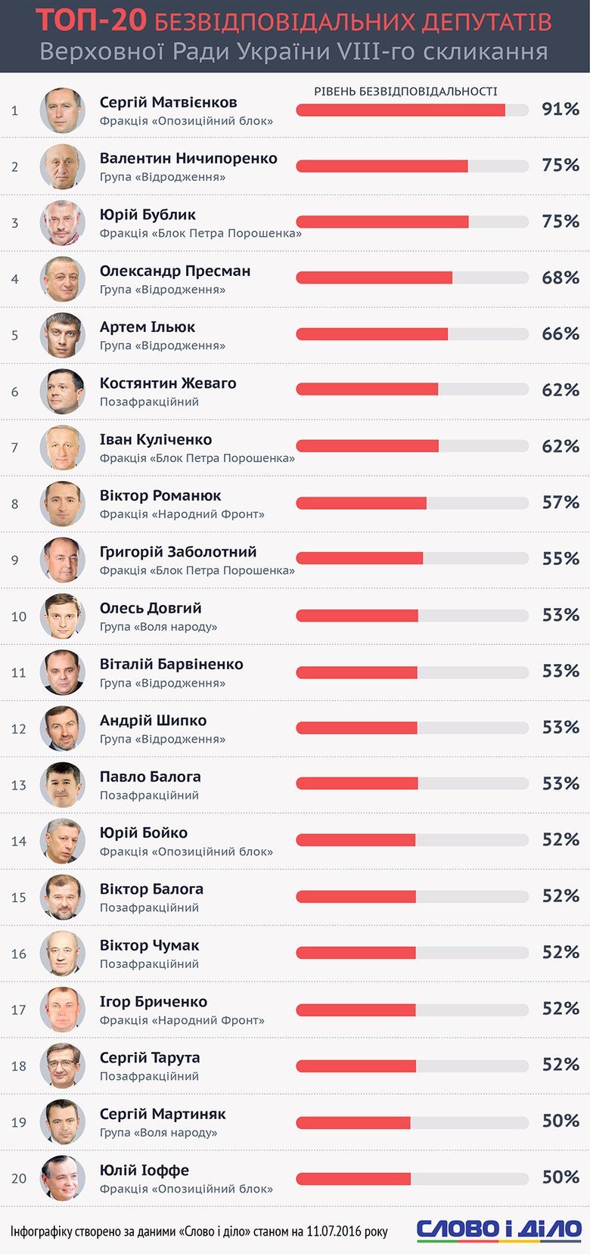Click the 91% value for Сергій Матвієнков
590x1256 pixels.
tap(560, 109)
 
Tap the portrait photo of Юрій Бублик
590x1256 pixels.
tap(62, 222)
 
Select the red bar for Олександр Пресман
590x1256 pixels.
tap(374, 278)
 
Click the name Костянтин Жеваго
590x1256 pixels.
tap(168, 383)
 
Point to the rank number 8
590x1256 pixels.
tap(14, 504)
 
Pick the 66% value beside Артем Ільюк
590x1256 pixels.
tap(560, 333)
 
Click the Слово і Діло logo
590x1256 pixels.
tap(499, 1230)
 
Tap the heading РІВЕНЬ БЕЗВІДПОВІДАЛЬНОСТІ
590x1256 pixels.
tap(405, 91)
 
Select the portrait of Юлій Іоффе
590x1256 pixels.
tap(62, 1177)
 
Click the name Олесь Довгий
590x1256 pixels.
tap(151, 608)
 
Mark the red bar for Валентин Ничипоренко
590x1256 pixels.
tap(381, 166)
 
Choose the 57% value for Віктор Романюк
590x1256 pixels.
tap(560, 502)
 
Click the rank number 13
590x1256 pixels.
tap(18, 785)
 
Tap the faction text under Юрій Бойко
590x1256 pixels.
tap(186, 851)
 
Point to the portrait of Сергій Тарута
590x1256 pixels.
tap(62, 1065)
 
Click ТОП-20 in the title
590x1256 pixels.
tap(91, 21)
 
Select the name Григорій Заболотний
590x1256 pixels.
tap(178, 552)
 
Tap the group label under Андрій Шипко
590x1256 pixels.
tap(163, 739)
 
